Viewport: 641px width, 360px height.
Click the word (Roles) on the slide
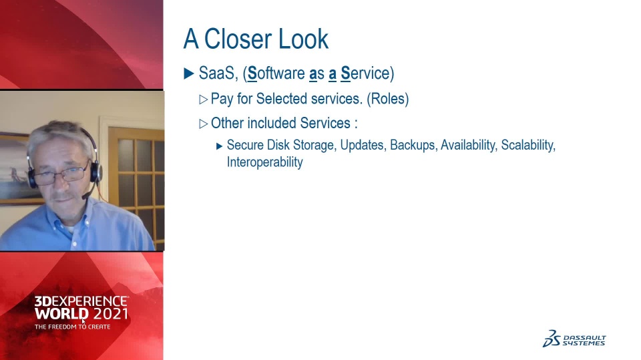coord(387,99)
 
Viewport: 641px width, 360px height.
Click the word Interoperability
coord(265,162)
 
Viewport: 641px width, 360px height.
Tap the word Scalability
coord(528,145)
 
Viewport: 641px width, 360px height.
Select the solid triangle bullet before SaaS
coord(188,73)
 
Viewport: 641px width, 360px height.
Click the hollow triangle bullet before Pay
coord(203,100)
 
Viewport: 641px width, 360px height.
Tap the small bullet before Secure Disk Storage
coord(220,146)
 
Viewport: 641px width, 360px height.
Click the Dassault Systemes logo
coord(574,339)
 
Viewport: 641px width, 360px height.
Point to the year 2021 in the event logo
coord(110,314)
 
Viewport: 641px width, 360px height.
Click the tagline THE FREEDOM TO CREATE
coord(72,327)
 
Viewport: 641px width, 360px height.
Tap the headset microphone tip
coord(85,196)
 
